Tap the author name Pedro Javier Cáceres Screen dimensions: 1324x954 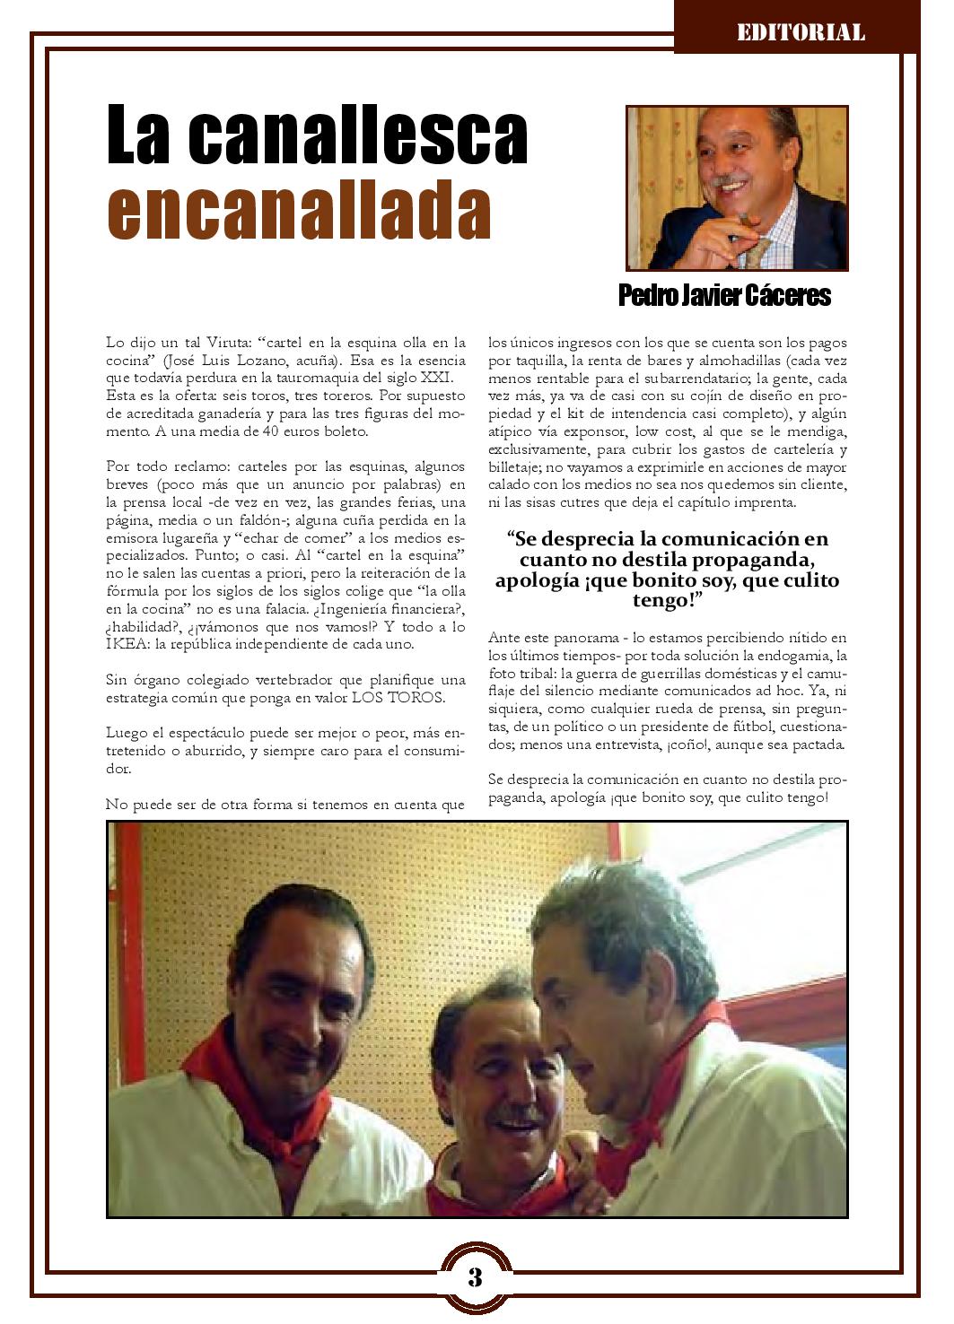point(724,295)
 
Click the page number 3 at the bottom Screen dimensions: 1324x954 point(476,1276)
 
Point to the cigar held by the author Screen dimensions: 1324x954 point(739,225)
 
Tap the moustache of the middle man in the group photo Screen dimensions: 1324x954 point(514,1115)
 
